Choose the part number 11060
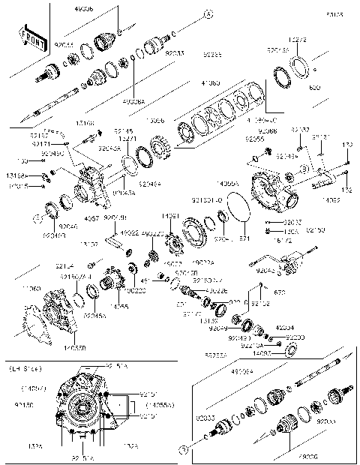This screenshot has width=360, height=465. tap(53, 288)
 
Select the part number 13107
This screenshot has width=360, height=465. tap(89, 244)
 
